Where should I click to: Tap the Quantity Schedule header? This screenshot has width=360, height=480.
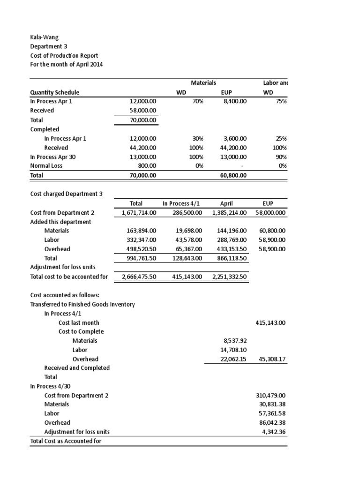(x=54, y=92)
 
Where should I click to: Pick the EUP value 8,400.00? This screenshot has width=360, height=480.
(x=233, y=101)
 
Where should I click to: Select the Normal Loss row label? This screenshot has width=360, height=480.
(x=47, y=166)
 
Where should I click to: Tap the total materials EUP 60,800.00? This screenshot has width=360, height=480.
(x=231, y=175)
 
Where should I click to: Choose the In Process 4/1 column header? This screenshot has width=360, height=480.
(x=181, y=203)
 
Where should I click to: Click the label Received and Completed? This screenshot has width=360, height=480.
(x=77, y=368)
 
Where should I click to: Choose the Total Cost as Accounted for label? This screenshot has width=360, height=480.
(x=66, y=441)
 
